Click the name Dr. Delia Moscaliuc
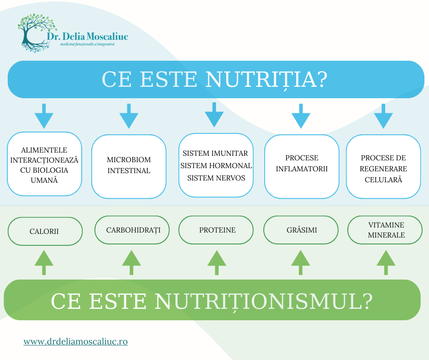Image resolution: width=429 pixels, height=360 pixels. point(87,37)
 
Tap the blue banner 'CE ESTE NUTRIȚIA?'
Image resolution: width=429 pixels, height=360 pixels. point(216,79)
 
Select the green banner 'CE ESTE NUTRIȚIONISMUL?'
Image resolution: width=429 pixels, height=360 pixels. point(212,300)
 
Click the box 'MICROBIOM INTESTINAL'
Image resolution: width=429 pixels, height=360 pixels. point(129,166)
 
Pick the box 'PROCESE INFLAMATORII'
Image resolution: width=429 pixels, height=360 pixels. point(302,166)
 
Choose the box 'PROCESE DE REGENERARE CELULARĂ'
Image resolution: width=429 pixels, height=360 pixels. point(383,166)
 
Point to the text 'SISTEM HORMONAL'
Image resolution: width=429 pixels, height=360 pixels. point(216,165)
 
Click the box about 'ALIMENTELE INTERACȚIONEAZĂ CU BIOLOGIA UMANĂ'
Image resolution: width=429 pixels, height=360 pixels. point(44,164)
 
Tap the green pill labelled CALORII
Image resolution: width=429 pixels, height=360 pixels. point(45,231)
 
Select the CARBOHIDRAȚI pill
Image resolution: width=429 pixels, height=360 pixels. point(132,230)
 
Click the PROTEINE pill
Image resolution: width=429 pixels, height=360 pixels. point(216,230)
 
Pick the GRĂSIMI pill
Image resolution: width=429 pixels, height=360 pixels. point(301,230)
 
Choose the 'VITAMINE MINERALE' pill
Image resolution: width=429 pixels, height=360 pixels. point(385,230)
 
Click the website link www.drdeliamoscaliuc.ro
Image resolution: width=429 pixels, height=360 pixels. point(75,341)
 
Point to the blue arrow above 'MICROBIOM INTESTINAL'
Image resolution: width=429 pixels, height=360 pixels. point(129,116)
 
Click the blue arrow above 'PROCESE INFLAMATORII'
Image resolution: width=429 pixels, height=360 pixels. point(301,116)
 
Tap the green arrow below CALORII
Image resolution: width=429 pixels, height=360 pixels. point(44,263)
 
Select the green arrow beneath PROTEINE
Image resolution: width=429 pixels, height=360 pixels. point(217,263)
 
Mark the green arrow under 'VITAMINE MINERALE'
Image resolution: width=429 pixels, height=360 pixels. point(386,263)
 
